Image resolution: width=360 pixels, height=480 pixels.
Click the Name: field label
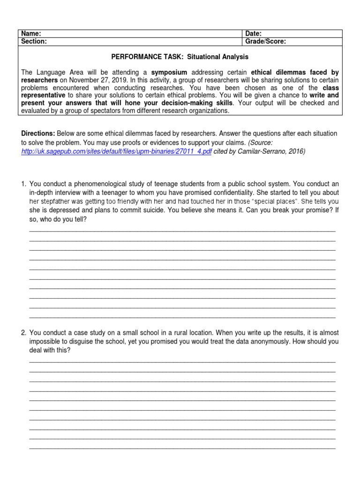31,34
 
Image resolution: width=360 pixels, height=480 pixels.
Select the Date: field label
254,34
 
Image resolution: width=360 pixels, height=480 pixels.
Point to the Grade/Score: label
266,41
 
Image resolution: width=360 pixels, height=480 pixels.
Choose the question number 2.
23,333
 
